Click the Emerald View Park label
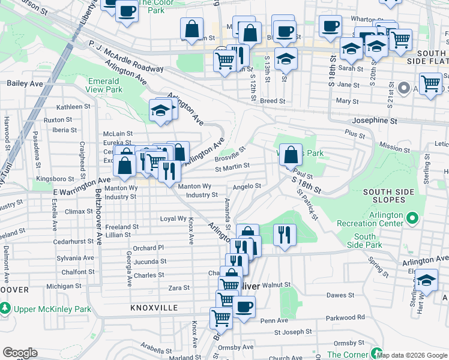pos(105,85)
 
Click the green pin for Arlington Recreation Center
pos(412,217)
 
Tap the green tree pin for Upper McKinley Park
pos(5,309)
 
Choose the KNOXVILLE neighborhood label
pos(154,307)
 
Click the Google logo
pos(20,353)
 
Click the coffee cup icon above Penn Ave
pos(244,307)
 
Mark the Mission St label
pos(394,146)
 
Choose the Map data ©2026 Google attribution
pos(412,355)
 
